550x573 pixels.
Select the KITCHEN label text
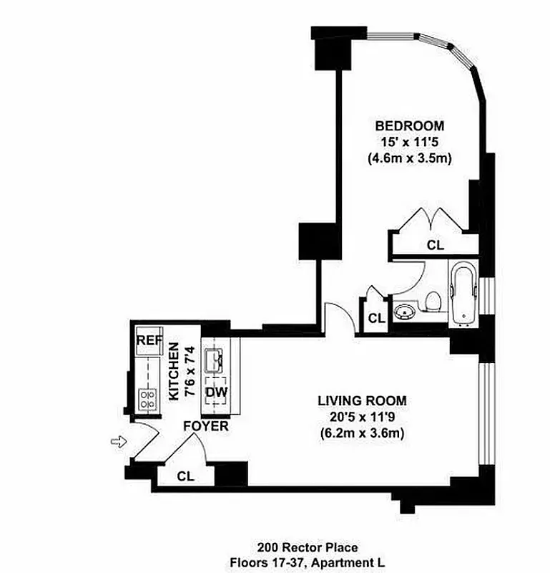click(x=172, y=370)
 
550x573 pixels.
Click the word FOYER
click(x=206, y=426)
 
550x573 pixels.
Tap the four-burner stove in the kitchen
click(x=148, y=400)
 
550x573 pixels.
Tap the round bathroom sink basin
click(x=406, y=312)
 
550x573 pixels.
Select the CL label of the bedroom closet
click(x=435, y=245)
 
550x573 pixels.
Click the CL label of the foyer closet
click(x=185, y=475)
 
